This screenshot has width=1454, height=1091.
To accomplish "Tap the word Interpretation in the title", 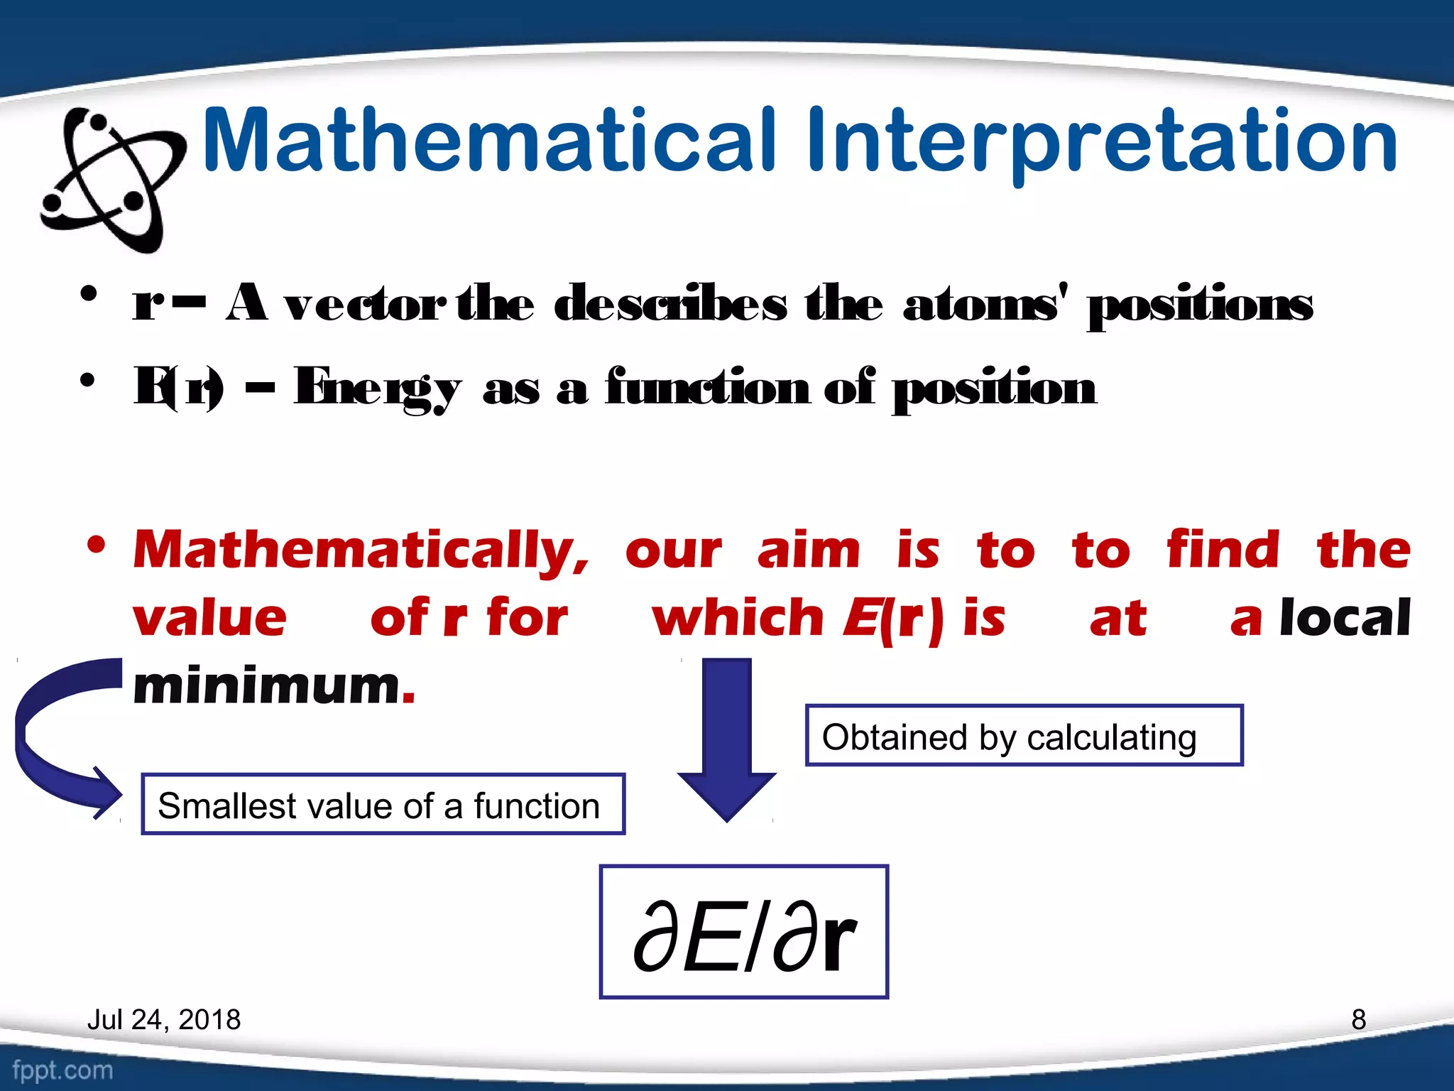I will coord(1100,142).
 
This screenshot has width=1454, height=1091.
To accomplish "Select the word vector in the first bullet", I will coord(365,305).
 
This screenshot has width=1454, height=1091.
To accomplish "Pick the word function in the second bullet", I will coord(707,388).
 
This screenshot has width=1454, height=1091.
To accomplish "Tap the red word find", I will coord(1223,550).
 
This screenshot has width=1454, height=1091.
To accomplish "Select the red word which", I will coord(738,617).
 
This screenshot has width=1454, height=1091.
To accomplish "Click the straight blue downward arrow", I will coord(726,739).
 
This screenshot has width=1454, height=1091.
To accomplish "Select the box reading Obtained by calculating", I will coord(1024,735).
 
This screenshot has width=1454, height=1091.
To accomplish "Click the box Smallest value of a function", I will coord(383,804).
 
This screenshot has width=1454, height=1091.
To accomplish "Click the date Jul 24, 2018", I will coord(164,1019).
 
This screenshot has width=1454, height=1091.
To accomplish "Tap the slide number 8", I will coord(1358,1019).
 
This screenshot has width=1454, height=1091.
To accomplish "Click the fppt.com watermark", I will coord(62,1070).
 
